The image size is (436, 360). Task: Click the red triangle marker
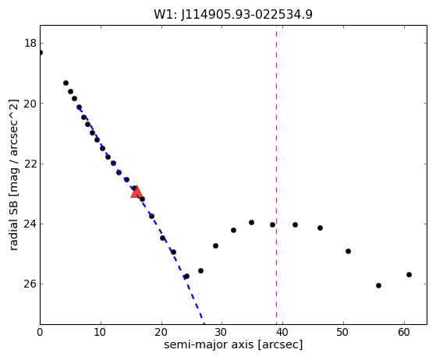(136, 192)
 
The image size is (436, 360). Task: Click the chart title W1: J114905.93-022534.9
(233, 15)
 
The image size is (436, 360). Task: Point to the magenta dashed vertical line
(276, 175)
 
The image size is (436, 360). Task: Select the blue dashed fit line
(141, 216)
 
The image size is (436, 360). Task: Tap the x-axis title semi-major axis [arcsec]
(233, 344)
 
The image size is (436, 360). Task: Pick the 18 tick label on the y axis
(30, 43)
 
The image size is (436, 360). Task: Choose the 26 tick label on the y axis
(30, 284)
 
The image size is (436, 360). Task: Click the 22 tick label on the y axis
(30, 164)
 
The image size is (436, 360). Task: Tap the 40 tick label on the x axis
(282, 332)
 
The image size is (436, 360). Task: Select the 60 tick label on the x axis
(404, 332)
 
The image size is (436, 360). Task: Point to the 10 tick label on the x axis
(101, 332)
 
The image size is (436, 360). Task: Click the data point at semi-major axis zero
(41, 52)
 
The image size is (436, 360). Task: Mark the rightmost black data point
(409, 274)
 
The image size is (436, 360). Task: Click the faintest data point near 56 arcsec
(378, 285)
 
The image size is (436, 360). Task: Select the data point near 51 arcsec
(348, 251)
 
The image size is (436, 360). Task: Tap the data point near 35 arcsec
(251, 222)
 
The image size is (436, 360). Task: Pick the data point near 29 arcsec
(215, 245)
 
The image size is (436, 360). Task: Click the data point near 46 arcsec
(320, 228)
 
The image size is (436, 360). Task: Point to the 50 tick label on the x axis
(343, 332)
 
